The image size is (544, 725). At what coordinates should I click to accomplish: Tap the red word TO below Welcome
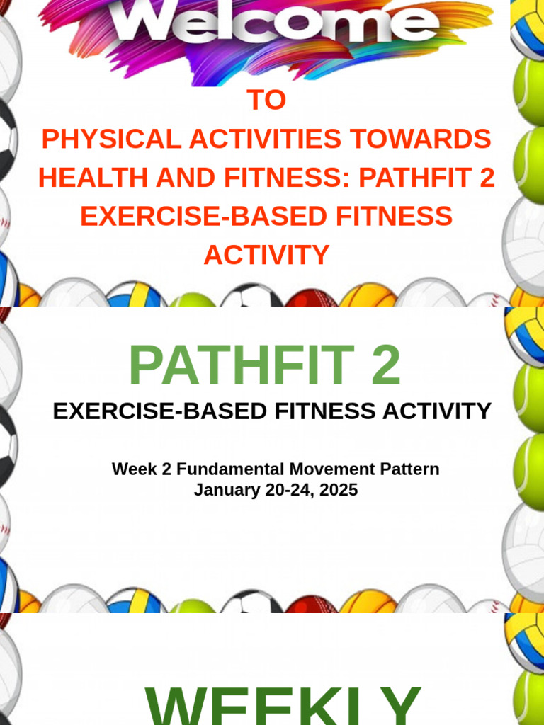(x=266, y=101)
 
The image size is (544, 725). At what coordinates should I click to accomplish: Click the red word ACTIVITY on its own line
(x=266, y=254)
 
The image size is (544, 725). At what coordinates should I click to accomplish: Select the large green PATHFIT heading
(x=241, y=365)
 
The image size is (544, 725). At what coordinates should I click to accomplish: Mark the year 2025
(x=339, y=489)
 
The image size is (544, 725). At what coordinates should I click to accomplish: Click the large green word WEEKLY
(x=283, y=704)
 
